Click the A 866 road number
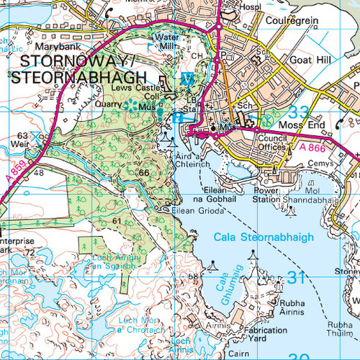click(x=312, y=147)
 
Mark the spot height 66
click(x=144, y=173)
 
